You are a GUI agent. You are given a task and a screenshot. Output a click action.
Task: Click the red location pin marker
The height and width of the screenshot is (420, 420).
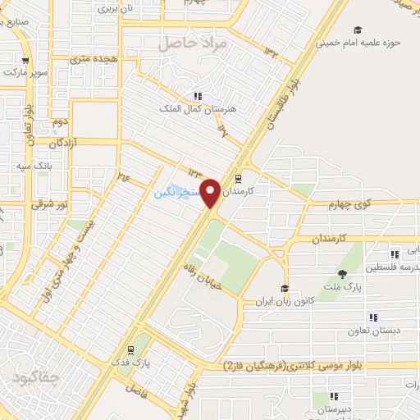pyautogui.click(x=211, y=193)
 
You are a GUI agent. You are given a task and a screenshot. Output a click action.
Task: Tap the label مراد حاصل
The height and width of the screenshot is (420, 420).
pyautogui.click(x=190, y=43)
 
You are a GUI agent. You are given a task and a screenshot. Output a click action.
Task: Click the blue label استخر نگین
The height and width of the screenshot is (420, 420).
pyautogui.click(x=176, y=194)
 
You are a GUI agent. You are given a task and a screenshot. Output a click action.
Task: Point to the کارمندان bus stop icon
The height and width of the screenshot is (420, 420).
pyautogui.click(x=239, y=177)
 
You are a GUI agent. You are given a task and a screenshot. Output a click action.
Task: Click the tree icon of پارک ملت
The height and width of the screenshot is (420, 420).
pyautogui.click(x=342, y=273)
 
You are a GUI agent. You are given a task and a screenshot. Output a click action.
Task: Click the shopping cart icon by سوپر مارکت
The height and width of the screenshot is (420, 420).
pyautogui.click(x=25, y=60)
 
